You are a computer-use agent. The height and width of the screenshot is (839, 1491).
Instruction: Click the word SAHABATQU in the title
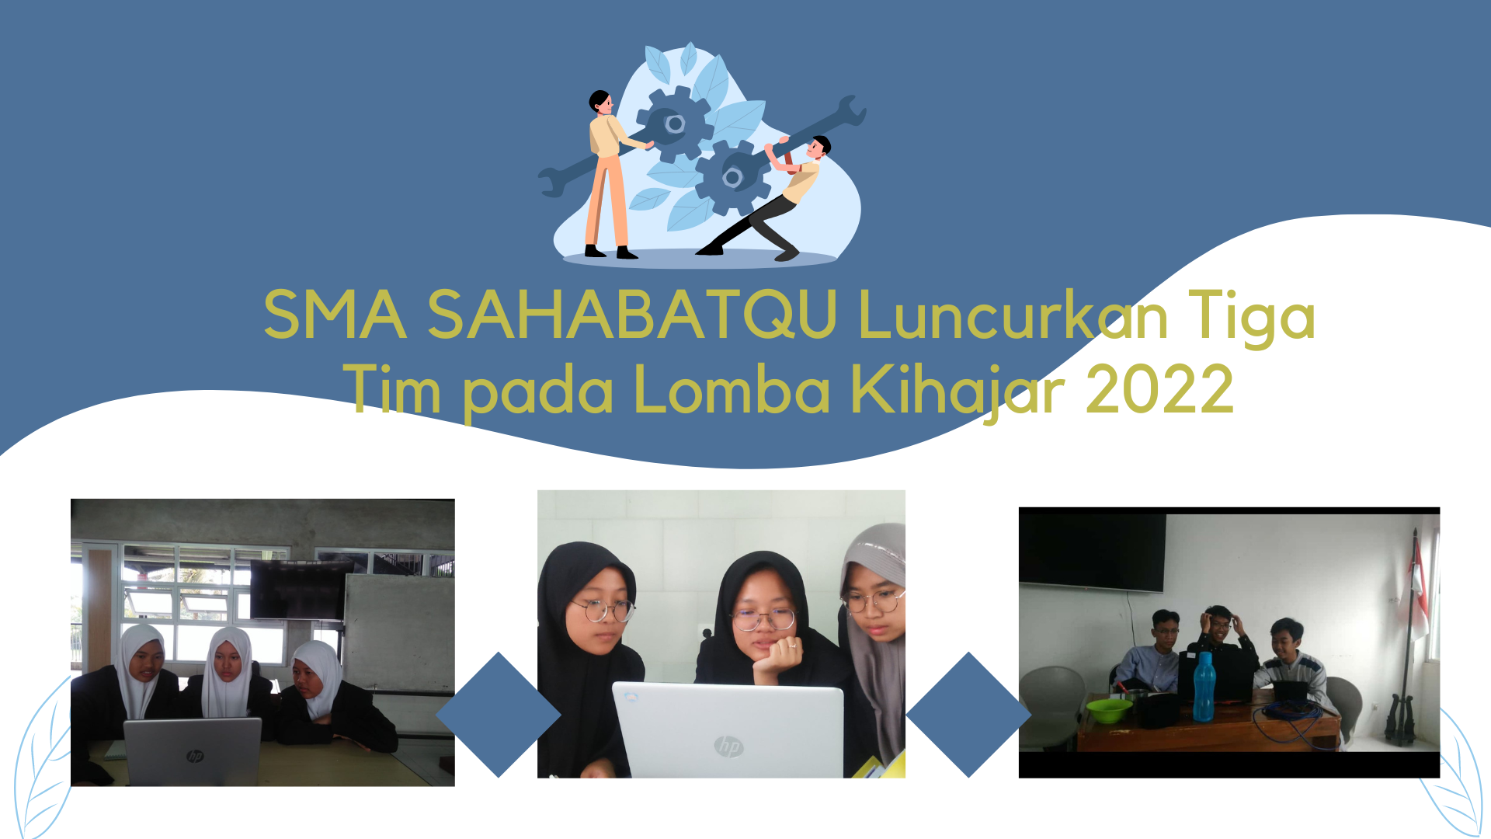click(632, 315)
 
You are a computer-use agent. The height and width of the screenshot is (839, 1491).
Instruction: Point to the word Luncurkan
click(1013, 315)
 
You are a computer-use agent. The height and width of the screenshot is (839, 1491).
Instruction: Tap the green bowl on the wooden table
click(1109, 710)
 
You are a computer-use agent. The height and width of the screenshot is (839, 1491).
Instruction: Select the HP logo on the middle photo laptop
click(729, 747)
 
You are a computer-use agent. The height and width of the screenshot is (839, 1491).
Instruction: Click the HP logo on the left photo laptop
click(195, 755)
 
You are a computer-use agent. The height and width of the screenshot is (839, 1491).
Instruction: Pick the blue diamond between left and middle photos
click(498, 715)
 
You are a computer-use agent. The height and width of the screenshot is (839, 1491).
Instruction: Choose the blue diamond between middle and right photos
click(968, 715)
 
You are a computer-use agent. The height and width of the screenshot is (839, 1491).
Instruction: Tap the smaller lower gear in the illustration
click(733, 178)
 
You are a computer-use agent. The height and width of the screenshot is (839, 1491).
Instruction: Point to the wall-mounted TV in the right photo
click(1093, 552)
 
